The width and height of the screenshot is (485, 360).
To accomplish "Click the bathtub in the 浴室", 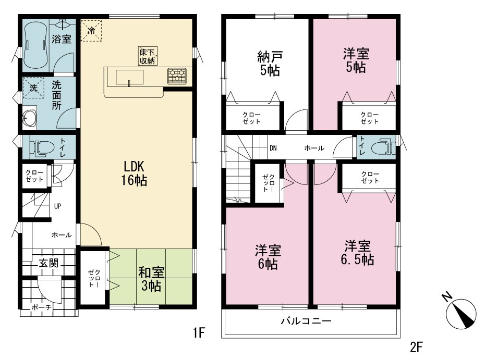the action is coord(36,45).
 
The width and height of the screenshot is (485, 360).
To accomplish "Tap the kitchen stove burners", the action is coord(177,76).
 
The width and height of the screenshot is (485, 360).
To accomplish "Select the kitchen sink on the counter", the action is coord(130,77).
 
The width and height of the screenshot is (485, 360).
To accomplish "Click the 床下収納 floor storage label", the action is coord(148,56).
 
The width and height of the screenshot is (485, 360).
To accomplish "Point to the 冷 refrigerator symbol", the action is coord(91,31).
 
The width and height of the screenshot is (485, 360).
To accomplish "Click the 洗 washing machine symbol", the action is coord(33,88).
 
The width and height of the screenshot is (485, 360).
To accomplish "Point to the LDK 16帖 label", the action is coord(134,173).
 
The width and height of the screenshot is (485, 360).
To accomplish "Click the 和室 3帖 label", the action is coord(151,279).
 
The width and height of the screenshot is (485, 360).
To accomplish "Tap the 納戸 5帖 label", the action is coord(270,64).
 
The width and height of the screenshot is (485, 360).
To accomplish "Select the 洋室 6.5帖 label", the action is coord(358,253).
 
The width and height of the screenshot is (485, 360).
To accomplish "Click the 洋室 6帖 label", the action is coord(268,257).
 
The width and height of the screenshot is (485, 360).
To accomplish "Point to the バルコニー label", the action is coord(306,321).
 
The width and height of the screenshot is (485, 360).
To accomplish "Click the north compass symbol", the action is coord(460,312).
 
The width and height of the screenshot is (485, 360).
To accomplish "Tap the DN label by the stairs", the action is coord(273,148).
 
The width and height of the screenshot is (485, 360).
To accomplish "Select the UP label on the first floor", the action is coord(57,206).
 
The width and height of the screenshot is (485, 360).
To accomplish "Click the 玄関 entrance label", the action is coord(48,263).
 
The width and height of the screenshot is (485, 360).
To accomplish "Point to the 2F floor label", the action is coord(416,347).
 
